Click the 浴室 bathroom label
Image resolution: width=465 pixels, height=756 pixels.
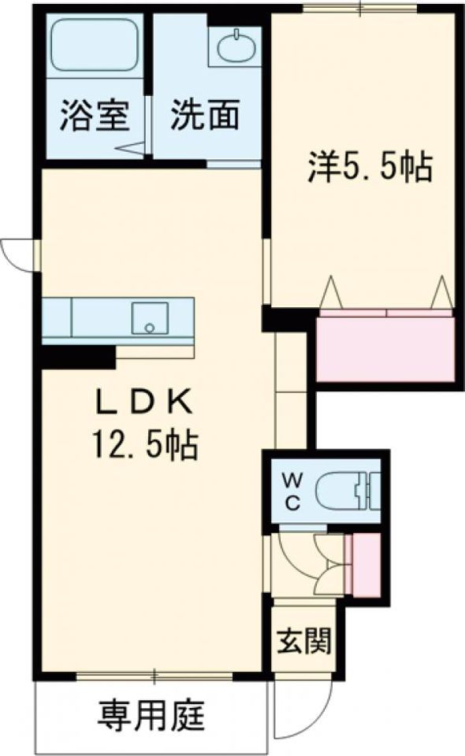click(x=95, y=116)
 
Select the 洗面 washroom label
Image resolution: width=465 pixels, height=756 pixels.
click(x=205, y=115)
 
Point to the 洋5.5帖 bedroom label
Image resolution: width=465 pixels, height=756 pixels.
click(x=369, y=166)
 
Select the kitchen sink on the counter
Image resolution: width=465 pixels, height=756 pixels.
click(x=150, y=317)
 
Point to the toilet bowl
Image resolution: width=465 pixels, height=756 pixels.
click(x=343, y=491)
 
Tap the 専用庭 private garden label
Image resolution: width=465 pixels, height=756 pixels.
click(x=151, y=716)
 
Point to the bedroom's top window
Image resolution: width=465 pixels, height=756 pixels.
click(x=360, y=9)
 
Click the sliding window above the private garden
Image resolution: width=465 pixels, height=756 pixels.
click(x=154, y=676)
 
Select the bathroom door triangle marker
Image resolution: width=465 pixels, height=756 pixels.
click(x=130, y=149)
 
